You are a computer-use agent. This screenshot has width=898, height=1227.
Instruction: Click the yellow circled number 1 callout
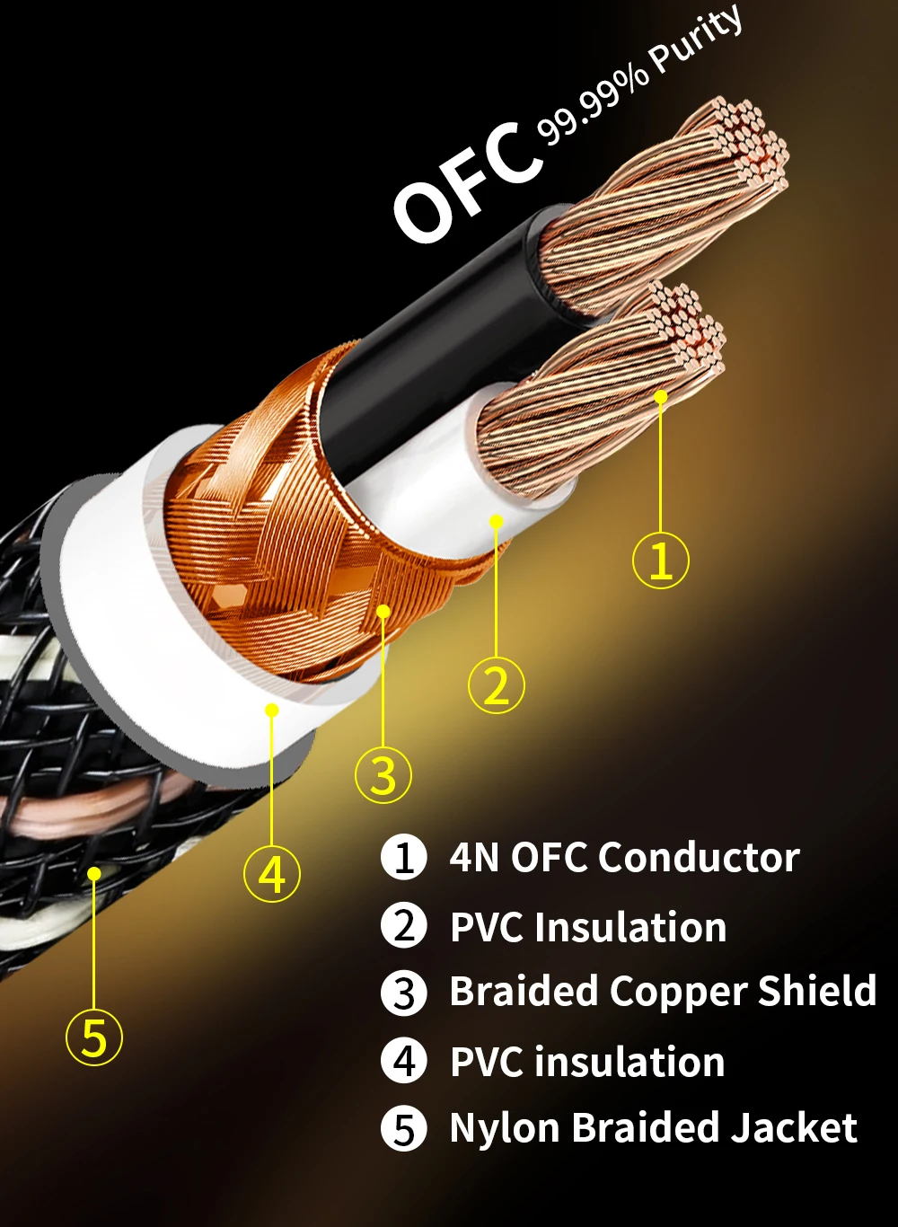[x=661, y=561]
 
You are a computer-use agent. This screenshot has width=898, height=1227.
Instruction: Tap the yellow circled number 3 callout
[x=383, y=774]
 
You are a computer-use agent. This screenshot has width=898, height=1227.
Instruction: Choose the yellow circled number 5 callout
[x=94, y=1037]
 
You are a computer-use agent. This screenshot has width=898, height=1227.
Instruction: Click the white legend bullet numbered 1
[x=404, y=857]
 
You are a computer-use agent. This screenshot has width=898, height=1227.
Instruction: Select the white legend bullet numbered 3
[x=404, y=993]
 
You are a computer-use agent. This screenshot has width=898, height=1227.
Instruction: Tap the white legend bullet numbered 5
[x=404, y=1129]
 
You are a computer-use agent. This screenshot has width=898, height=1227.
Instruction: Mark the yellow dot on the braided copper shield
[x=383, y=611]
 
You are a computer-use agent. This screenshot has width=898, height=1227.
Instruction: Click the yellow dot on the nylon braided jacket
[x=93, y=872]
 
